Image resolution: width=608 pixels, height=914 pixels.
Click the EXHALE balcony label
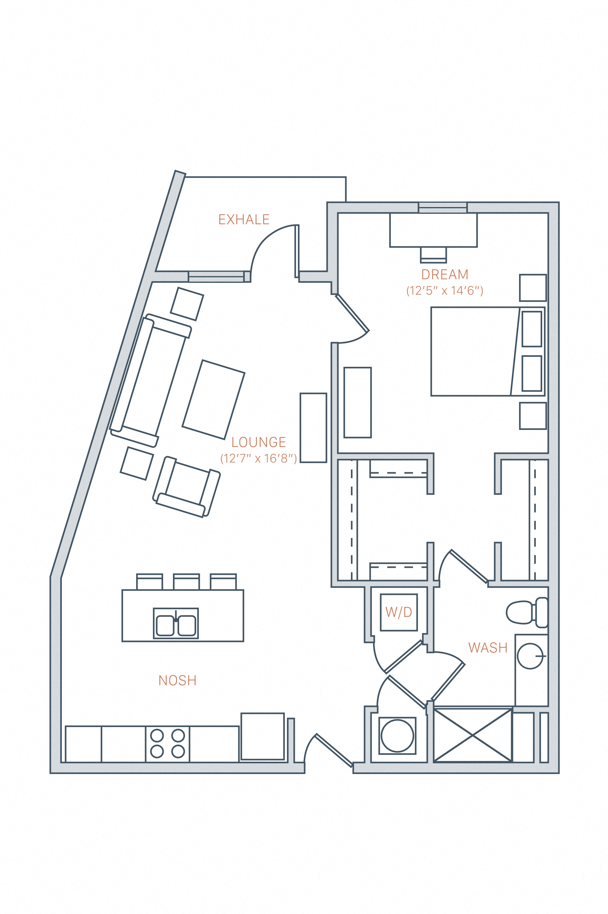244,220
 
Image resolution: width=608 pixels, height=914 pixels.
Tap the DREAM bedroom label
445,274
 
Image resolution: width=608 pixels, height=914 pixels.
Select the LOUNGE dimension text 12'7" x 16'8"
259,459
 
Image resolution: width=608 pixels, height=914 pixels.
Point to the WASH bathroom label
488,648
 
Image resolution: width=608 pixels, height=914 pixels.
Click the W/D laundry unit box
399,612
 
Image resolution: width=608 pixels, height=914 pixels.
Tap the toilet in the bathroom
525,613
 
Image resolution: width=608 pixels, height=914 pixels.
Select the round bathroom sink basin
530,656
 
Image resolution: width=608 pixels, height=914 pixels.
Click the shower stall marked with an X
473,735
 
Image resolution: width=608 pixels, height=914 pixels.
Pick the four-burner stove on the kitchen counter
168,744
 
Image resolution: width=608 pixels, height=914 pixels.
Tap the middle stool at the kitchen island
186,582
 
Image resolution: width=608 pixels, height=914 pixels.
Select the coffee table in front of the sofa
213,399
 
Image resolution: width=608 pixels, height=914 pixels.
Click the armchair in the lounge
186,487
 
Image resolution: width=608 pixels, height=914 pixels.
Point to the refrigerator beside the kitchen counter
263,736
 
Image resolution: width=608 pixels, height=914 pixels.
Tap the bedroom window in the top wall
442,208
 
